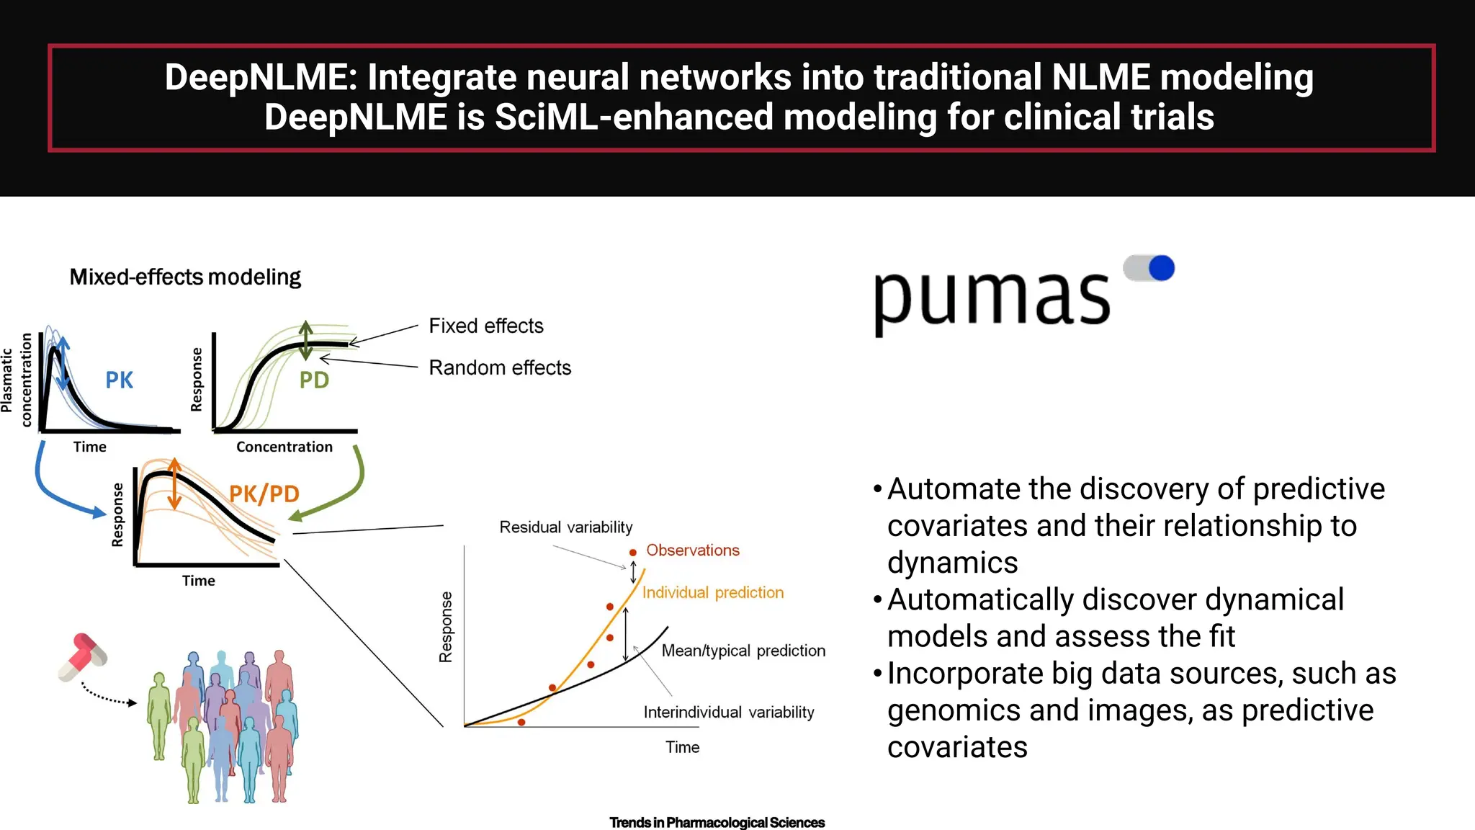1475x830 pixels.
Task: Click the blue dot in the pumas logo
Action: pyautogui.click(x=1161, y=268)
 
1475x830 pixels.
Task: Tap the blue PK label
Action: pyautogui.click(x=119, y=380)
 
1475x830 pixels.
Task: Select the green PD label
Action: pyautogui.click(x=314, y=380)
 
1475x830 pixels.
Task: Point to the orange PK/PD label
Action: pyautogui.click(x=264, y=494)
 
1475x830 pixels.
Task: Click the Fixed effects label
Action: pyautogui.click(x=485, y=326)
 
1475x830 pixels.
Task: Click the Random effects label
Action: pyautogui.click(x=500, y=367)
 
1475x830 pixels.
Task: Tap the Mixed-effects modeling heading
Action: pyautogui.click(x=185, y=277)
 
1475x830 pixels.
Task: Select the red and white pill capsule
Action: pyautogui.click(x=83, y=656)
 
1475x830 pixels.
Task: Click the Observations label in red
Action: pyautogui.click(x=692, y=550)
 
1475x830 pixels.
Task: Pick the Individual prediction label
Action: pyautogui.click(x=712, y=592)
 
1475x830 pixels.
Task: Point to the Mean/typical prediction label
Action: pyautogui.click(x=743, y=651)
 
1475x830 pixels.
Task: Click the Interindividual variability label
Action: pyautogui.click(x=728, y=713)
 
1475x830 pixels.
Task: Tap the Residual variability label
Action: pyautogui.click(x=565, y=527)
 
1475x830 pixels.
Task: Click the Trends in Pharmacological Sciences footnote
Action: pyautogui.click(x=717, y=822)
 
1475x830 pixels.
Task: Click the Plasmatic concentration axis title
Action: pyautogui.click(x=17, y=380)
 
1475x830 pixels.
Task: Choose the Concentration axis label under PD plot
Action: pyautogui.click(x=284, y=447)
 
